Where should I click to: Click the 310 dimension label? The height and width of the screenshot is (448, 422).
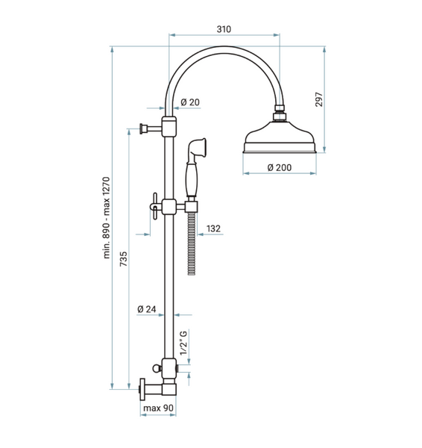point(224,29)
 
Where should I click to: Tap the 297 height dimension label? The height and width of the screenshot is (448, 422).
point(319,99)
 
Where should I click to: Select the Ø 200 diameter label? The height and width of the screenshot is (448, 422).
point(280,167)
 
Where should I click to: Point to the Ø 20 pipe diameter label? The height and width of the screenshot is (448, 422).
point(190,102)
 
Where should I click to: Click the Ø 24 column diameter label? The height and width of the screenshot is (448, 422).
point(147,309)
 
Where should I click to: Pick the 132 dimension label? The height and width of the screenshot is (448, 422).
point(213,228)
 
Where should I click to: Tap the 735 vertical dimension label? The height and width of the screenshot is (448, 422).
point(124,259)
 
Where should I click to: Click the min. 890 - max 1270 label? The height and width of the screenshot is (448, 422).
point(106,218)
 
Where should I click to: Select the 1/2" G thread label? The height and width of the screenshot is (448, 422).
point(183,343)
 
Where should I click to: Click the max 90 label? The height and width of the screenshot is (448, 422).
point(158,408)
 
